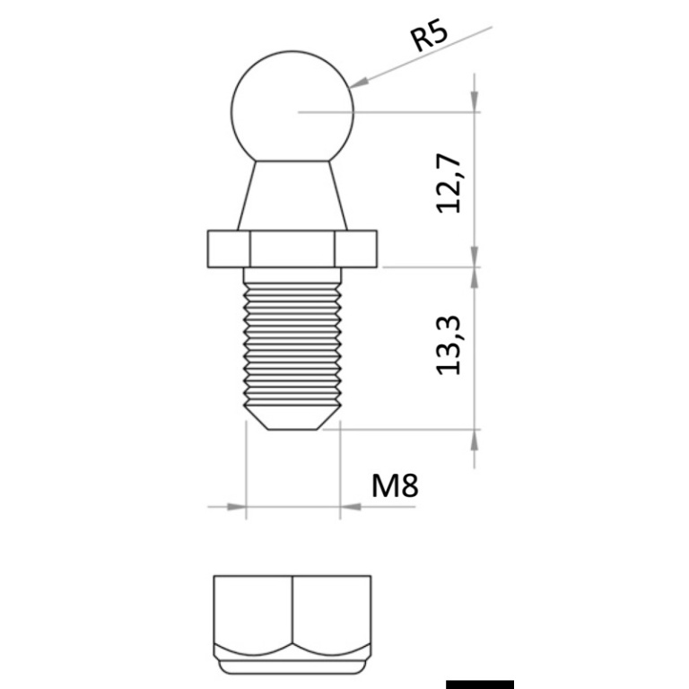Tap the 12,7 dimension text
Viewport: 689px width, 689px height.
point(448,184)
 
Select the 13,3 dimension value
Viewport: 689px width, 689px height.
point(448,345)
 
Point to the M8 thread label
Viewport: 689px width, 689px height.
point(395,486)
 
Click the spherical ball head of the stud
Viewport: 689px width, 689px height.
point(292,107)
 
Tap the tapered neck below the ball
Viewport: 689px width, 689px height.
point(292,196)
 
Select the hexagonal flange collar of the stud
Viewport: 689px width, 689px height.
point(292,249)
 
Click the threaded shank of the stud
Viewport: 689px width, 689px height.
point(292,344)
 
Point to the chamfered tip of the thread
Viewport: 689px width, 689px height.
point(292,418)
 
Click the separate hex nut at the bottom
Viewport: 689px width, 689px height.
point(292,624)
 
